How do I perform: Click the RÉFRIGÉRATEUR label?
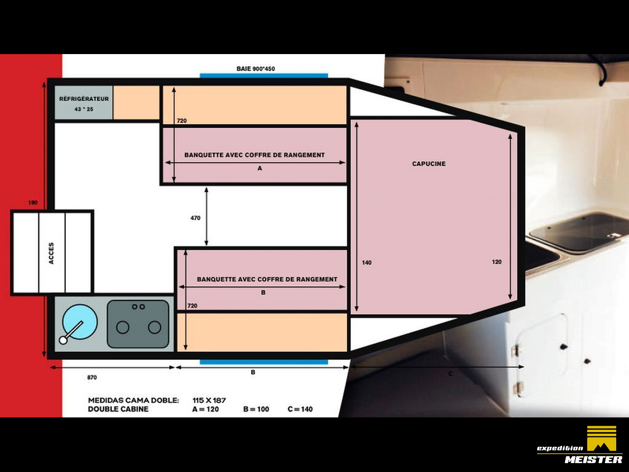pyautogui.click(x=84, y=99)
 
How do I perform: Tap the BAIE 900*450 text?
pyautogui.click(x=256, y=69)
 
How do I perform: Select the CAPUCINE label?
pyautogui.click(x=429, y=164)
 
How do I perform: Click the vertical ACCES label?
pyautogui.click(x=51, y=253)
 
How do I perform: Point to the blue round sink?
pyautogui.click(x=80, y=322)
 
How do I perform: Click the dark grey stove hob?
pyautogui.click(x=138, y=324)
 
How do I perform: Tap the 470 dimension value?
pyautogui.click(x=196, y=218)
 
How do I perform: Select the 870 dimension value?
pyautogui.click(x=92, y=378)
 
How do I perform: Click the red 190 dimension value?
pyautogui.click(x=32, y=203)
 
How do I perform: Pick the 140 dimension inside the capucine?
pyautogui.click(x=367, y=263)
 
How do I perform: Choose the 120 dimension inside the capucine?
pyautogui.click(x=497, y=262)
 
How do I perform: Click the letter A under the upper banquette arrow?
pyautogui.click(x=259, y=168)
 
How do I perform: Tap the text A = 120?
pyautogui.click(x=205, y=409)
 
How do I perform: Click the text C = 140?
pyautogui.click(x=300, y=409)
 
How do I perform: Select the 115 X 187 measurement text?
pyautogui.click(x=209, y=400)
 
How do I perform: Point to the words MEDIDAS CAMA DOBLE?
pyautogui.click(x=134, y=400)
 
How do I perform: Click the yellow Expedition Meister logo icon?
pyautogui.click(x=601, y=438)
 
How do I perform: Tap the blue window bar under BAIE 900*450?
pyautogui.click(x=263, y=75)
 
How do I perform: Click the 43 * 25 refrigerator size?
pyautogui.click(x=84, y=109)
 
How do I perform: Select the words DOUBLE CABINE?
pyautogui.click(x=118, y=409)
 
